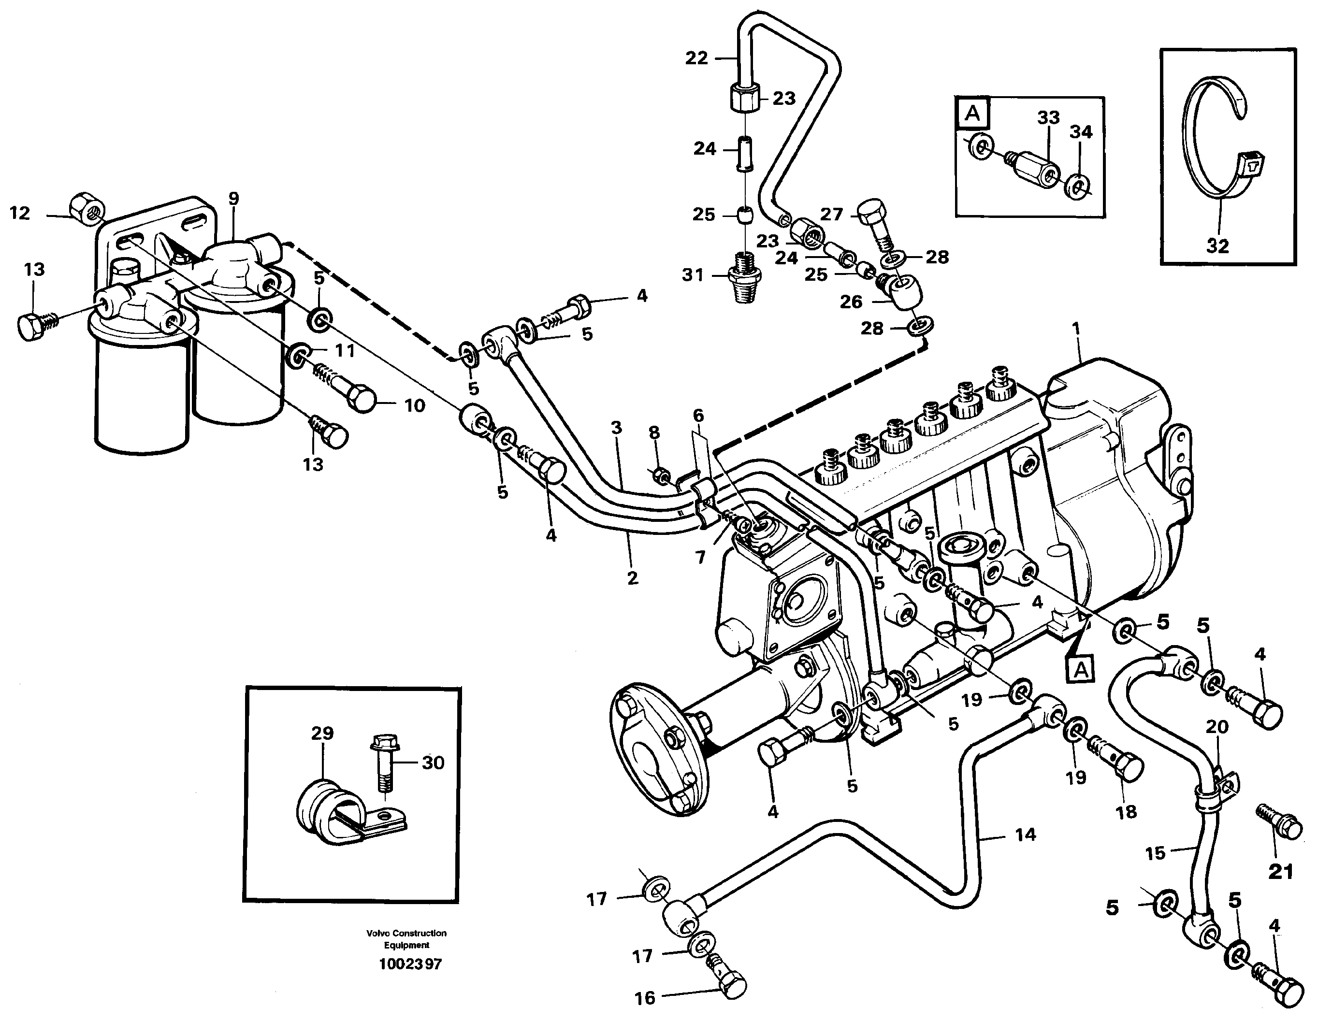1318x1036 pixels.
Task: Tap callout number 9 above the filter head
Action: tap(233, 198)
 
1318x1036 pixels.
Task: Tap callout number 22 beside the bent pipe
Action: tap(696, 58)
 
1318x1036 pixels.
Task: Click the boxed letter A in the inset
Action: tap(972, 114)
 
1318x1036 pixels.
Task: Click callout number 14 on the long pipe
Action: tap(1025, 835)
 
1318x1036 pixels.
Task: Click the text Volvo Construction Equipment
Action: tap(406, 938)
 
